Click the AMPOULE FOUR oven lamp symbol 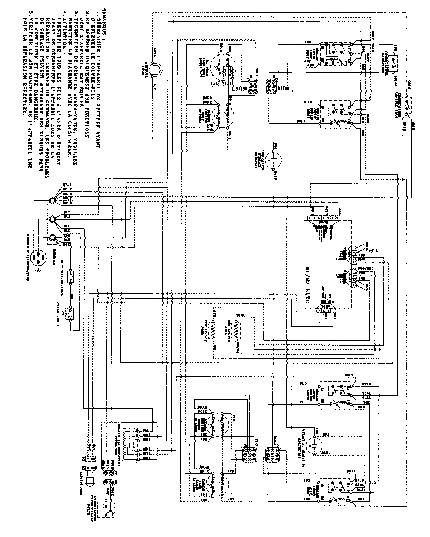point(155,68)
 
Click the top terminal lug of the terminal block point(53,201)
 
